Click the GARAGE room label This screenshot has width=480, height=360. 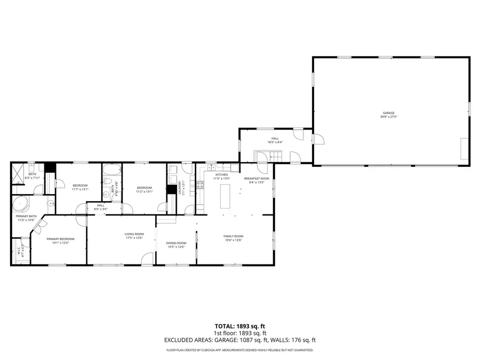coord(388,113)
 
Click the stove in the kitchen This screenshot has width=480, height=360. coord(200,186)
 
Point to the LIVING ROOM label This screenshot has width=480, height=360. coord(134,234)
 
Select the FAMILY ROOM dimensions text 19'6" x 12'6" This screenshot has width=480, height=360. coord(233,241)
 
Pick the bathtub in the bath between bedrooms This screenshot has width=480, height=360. coord(112,171)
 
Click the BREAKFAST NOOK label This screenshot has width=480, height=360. coord(254,178)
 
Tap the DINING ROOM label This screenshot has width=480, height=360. coord(176,243)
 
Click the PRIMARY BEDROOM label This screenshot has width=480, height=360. coord(60,239)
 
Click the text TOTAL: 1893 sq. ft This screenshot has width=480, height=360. coord(239,325)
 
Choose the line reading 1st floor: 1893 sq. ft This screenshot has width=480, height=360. coord(239,332)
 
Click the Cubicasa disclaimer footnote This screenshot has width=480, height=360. coord(239,350)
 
